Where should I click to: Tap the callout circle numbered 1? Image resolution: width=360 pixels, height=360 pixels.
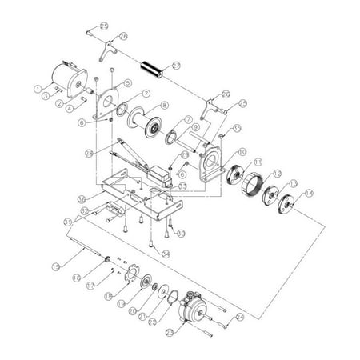click(x=37, y=88)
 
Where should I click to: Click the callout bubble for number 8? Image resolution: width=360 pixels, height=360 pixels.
click(x=164, y=105)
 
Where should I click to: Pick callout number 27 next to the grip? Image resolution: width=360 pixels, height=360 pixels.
click(x=177, y=64)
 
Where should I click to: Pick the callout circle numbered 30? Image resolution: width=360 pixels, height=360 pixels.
click(x=181, y=233)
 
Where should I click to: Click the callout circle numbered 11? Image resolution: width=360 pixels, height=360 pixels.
click(x=256, y=162)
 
